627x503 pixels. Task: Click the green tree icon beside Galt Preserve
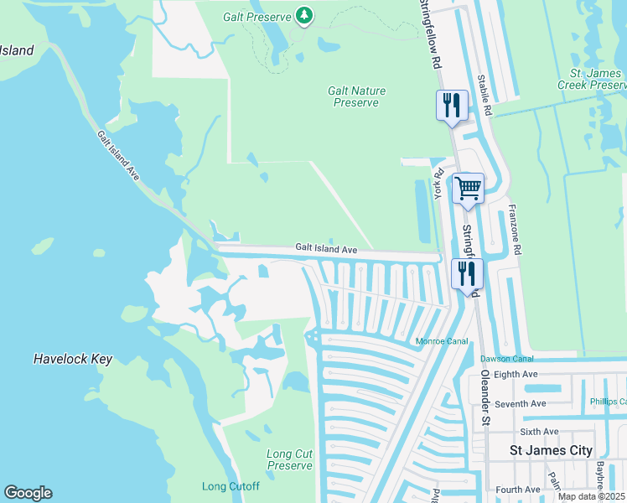(x=304, y=16)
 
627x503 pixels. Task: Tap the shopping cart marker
(x=468, y=187)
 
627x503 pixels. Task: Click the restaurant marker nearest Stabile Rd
(x=451, y=105)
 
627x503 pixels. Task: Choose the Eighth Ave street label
(x=516, y=374)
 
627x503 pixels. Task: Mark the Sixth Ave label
(x=539, y=432)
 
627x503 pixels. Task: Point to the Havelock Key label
(x=72, y=359)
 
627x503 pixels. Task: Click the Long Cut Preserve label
(x=289, y=459)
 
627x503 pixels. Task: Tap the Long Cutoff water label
(x=231, y=486)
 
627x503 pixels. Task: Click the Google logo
(x=28, y=493)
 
